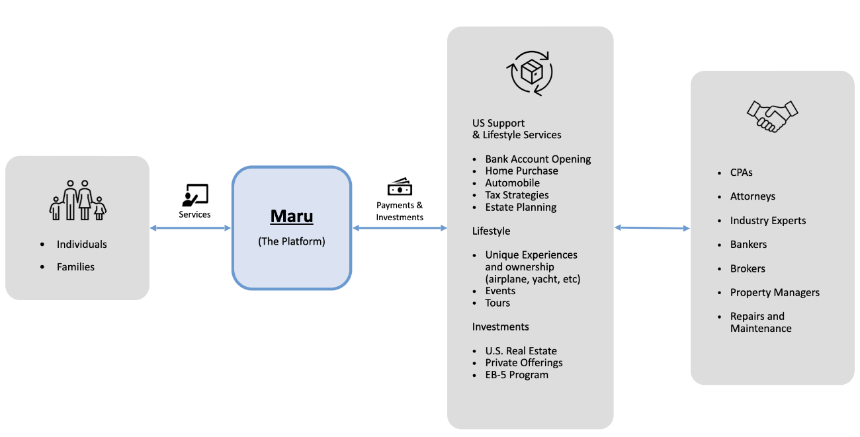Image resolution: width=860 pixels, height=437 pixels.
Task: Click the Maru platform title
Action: [x=292, y=217]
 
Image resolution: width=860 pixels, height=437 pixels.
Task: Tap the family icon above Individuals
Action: [x=78, y=200]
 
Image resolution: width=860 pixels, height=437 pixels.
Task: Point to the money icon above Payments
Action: [x=400, y=187]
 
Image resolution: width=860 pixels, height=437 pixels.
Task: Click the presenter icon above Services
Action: [x=194, y=195]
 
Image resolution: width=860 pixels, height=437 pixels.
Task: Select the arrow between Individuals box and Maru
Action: [x=191, y=228]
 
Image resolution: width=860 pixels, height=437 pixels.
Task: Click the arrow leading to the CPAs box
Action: [x=652, y=228]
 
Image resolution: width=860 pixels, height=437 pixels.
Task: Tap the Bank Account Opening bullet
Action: [x=538, y=159]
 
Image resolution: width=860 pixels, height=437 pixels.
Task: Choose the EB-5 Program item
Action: [x=517, y=375]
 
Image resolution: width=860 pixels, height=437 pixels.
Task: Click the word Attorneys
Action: [x=752, y=196]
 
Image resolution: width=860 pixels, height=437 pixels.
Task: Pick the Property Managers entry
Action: [x=775, y=292]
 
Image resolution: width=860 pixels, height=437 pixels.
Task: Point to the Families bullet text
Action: [x=75, y=267]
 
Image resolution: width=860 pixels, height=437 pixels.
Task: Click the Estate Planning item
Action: [x=521, y=207]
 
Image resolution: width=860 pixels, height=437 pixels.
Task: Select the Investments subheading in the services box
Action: [x=500, y=327]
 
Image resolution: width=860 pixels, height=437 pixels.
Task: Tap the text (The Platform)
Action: [x=292, y=241]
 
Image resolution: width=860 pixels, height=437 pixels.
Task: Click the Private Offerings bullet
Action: [x=524, y=363]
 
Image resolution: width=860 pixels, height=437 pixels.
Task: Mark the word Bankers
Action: [x=748, y=245]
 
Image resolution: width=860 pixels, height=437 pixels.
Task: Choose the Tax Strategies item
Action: [x=517, y=195]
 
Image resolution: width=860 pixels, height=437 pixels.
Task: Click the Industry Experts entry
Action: [x=768, y=221]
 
